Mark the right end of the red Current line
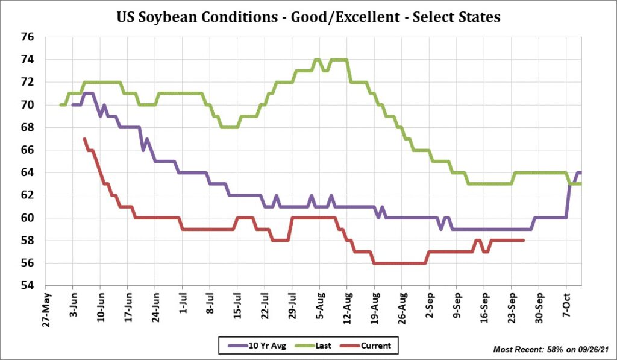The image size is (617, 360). tap(523, 241)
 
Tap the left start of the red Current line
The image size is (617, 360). tap(84, 139)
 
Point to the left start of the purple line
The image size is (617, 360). tap(73, 105)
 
